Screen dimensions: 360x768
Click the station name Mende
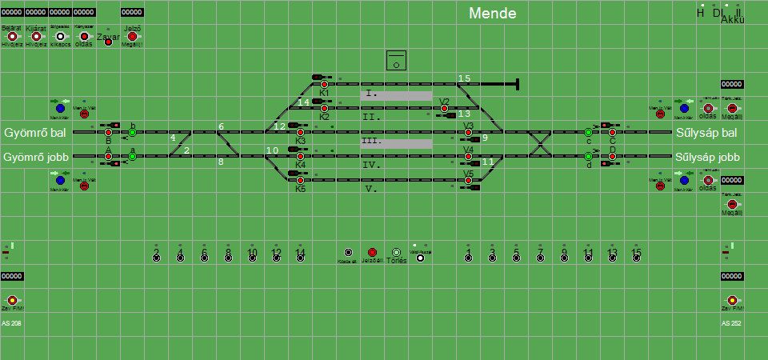point(492,14)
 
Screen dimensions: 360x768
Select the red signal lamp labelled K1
point(324,84)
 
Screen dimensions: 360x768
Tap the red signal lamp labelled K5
point(300,180)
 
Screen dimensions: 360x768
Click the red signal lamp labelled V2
point(444,108)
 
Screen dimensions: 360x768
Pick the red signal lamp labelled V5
point(468,180)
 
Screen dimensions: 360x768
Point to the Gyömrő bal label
point(34,132)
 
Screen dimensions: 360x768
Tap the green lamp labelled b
point(132,132)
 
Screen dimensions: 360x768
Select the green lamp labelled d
point(588,156)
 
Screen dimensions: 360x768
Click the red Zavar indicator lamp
point(108,42)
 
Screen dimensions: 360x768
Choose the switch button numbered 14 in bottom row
point(300,256)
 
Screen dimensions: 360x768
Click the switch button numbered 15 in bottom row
point(636,256)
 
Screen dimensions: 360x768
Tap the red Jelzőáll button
point(371,253)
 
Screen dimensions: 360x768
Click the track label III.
point(371,142)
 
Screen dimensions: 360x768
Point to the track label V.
point(370,190)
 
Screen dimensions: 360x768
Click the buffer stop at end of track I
point(518,83)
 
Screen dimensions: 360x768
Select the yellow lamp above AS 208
point(12,300)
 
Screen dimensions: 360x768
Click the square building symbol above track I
point(396,60)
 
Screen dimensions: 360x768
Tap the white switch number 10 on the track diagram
point(272,150)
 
